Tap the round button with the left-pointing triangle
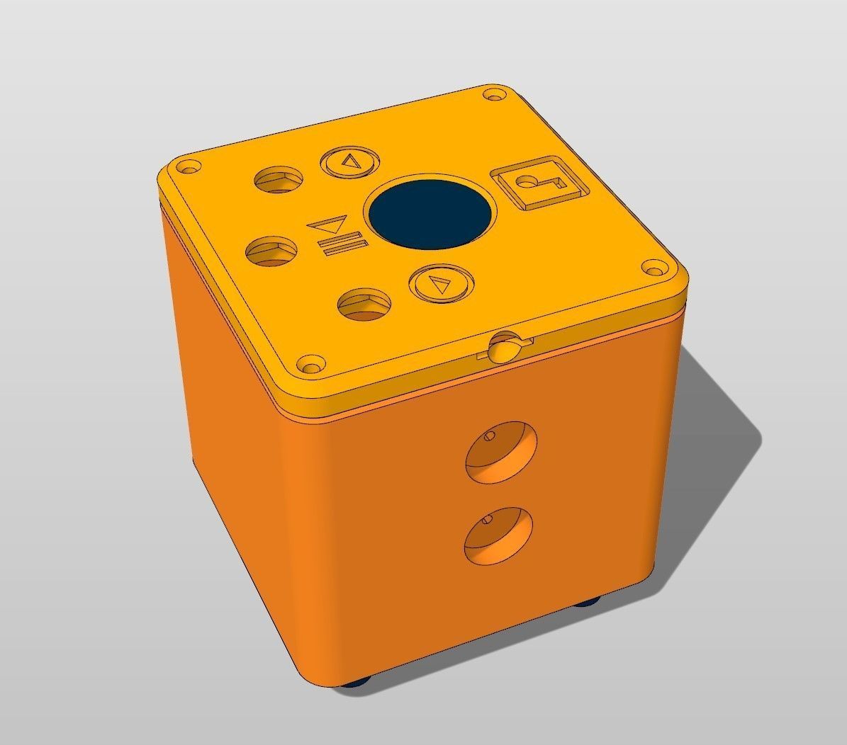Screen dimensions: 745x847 [x=349, y=162]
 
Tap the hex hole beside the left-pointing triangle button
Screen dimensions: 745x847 [x=279, y=180]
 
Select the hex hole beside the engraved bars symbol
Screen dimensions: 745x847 [x=271, y=251]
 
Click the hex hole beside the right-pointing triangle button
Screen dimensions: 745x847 [x=364, y=305]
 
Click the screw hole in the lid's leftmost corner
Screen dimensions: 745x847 [x=187, y=169]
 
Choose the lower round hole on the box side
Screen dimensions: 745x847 [x=498, y=535]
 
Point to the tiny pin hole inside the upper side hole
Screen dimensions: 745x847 [x=488, y=437]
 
